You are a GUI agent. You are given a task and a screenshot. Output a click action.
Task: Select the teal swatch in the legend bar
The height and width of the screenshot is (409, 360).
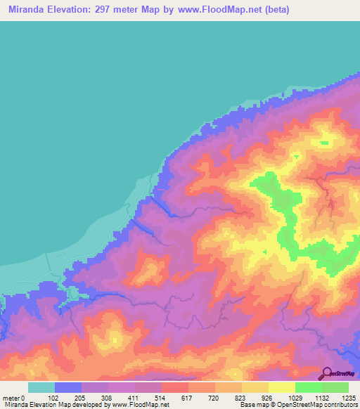click(41, 387)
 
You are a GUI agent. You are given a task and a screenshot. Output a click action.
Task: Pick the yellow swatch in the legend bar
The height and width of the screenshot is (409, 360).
click(282, 387)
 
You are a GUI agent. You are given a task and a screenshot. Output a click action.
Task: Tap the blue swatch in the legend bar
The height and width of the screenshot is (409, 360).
click(68, 387)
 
